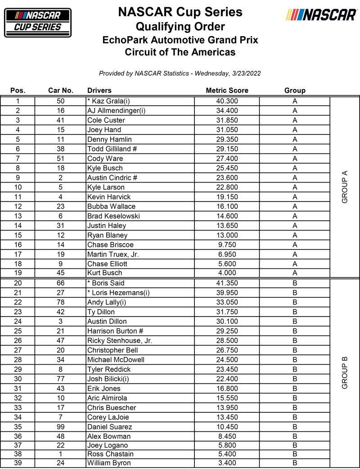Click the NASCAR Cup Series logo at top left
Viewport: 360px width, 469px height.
click(x=38, y=22)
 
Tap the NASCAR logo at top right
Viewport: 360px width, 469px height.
click(x=321, y=15)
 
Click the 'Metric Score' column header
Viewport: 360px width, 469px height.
click(x=227, y=90)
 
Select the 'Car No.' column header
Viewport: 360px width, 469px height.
click(x=61, y=90)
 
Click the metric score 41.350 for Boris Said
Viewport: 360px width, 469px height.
click(x=227, y=283)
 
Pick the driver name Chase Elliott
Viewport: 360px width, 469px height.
click(x=107, y=263)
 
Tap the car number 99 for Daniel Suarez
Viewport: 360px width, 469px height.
click(x=61, y=427)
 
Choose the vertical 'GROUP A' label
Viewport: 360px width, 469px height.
click(x=345, y=187)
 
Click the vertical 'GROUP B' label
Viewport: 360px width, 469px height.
click(x=345, y=372)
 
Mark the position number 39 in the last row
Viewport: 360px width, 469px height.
click(x=18, y=463)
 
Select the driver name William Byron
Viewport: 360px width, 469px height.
click(x=109, y=463)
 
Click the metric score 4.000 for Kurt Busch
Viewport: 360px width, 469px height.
click(x=227, y=273)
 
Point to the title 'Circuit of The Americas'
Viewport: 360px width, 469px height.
click(x=180, y=52)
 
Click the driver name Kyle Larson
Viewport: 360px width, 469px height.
click(x=106, y=187)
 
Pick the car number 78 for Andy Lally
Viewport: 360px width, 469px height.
click(x=61, y=302)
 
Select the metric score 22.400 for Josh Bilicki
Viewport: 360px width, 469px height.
click(x=227, y=379)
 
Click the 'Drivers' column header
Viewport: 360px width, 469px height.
click(x=99, y=90)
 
